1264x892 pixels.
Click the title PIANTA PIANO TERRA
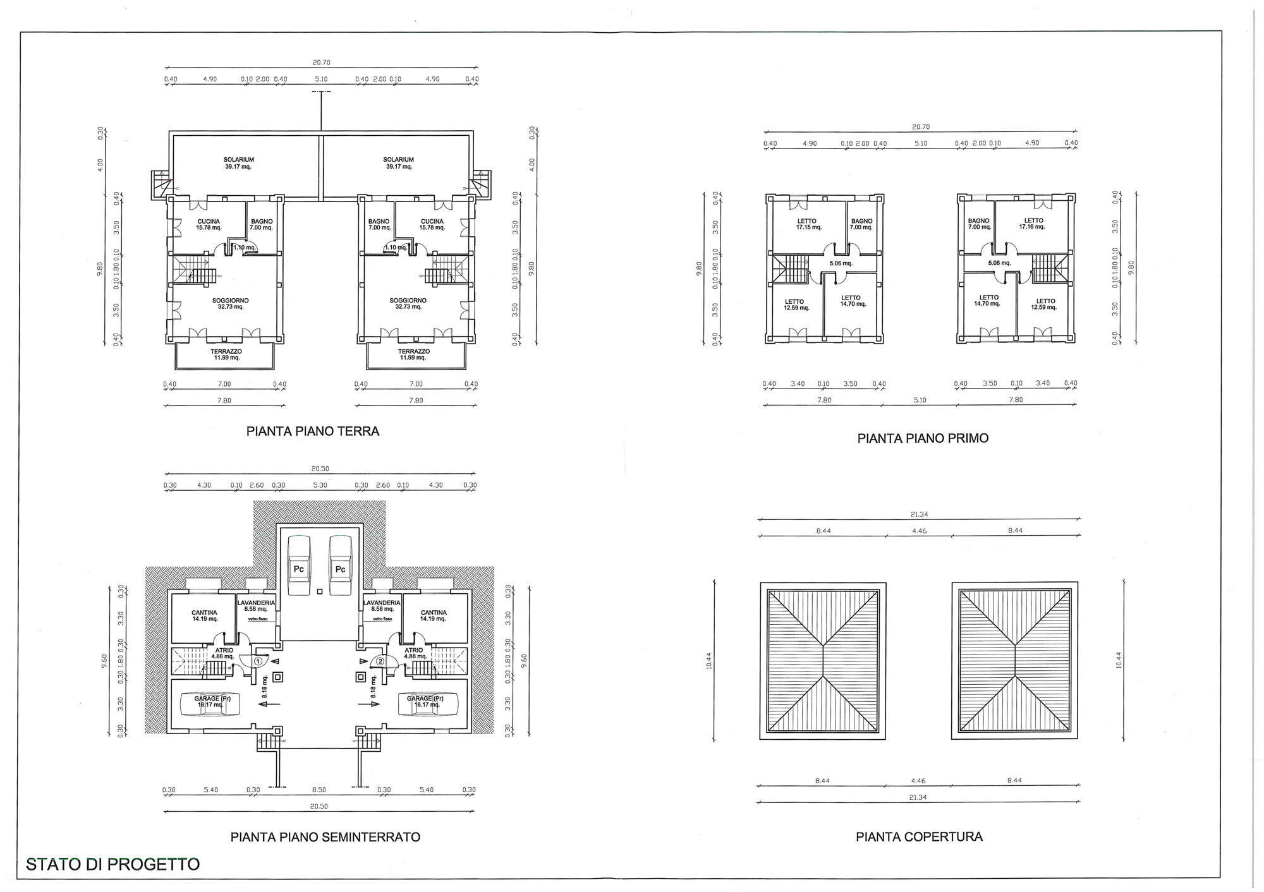click(x=313, y=431)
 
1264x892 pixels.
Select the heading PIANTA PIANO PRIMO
click(x=923, y=438)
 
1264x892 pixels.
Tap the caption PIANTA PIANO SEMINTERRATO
click(x=325, y=837)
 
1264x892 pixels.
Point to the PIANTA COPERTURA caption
click(x=919, y=837)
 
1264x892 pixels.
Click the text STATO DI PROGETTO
click(x=113, y=864)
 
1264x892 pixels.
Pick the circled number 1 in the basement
click(x=258, y=661)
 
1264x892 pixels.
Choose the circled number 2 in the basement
click(x=380, y=661)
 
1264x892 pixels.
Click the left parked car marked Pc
click(x=299, y=565)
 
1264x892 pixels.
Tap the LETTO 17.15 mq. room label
click(x=808, y=224)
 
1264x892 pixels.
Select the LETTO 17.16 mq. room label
click(x=1034, y=224)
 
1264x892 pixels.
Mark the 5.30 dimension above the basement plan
click(x=320, y=485)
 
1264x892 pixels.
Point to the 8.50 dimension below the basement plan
click(x=319, y=790)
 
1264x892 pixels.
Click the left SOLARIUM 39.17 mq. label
click(x=238, y=163)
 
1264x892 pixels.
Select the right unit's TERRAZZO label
click(x=414, y=354)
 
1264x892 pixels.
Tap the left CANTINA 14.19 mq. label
click(x=204, y=616)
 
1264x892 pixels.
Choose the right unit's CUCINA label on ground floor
click(x=432, y=224)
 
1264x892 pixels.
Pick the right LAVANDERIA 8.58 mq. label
click(x=382, y=606)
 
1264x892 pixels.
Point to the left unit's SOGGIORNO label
click(x=230, y=304)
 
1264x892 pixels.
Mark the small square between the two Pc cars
click(x=320, y=592)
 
